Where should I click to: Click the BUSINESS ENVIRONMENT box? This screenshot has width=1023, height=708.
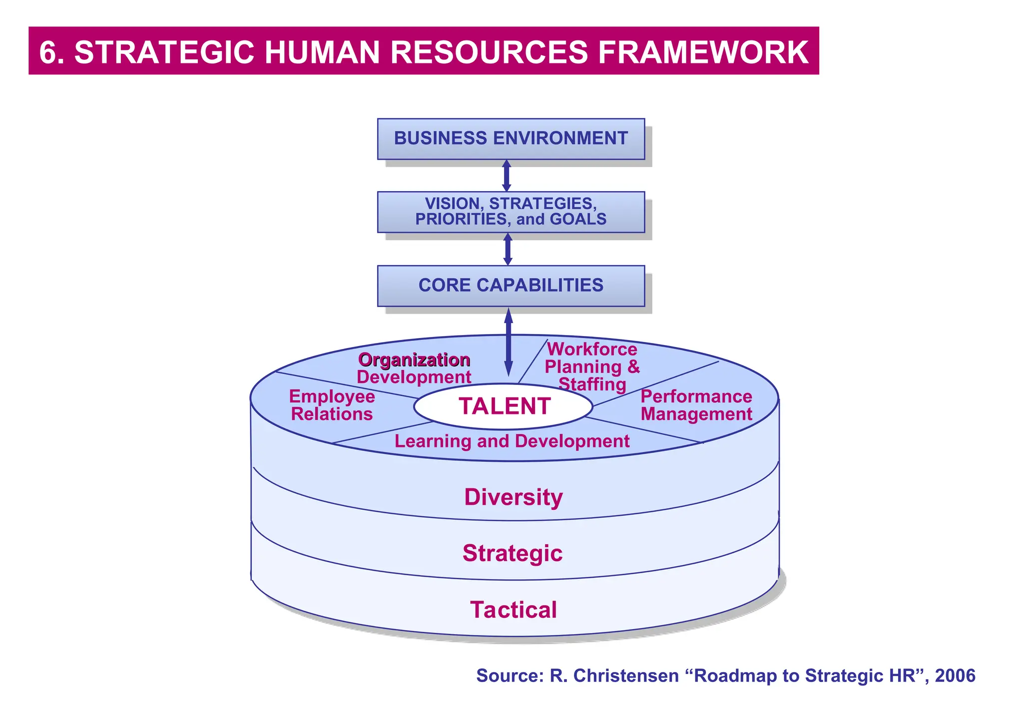(511, 138)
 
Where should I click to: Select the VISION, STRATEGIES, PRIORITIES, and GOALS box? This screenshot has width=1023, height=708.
(511, 212)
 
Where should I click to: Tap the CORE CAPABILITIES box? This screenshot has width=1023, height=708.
(511, 285)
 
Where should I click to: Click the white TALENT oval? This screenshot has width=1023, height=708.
(504, 406)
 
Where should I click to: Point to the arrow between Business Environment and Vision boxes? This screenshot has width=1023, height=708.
(507, 175)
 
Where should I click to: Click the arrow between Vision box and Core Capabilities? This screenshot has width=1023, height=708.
(508, 249)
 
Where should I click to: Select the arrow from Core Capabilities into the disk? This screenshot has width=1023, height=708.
(509, 342)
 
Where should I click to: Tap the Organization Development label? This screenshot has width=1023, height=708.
(414, 368)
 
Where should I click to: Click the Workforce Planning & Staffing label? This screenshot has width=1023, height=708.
(592, 366)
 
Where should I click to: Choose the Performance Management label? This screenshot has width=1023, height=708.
(696, 405)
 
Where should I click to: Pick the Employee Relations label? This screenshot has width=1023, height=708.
(332, 405)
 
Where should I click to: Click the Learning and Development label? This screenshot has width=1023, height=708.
(511, 441)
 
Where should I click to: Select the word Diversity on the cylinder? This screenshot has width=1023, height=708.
(513, 497)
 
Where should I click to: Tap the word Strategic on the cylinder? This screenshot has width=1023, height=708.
(512, 553)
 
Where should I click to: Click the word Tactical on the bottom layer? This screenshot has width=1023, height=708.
(513, 610)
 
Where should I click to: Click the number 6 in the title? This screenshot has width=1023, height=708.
(48, 52)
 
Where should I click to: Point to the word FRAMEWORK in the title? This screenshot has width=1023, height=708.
(703, 52)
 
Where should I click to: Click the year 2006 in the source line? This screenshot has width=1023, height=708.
(955, 676)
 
